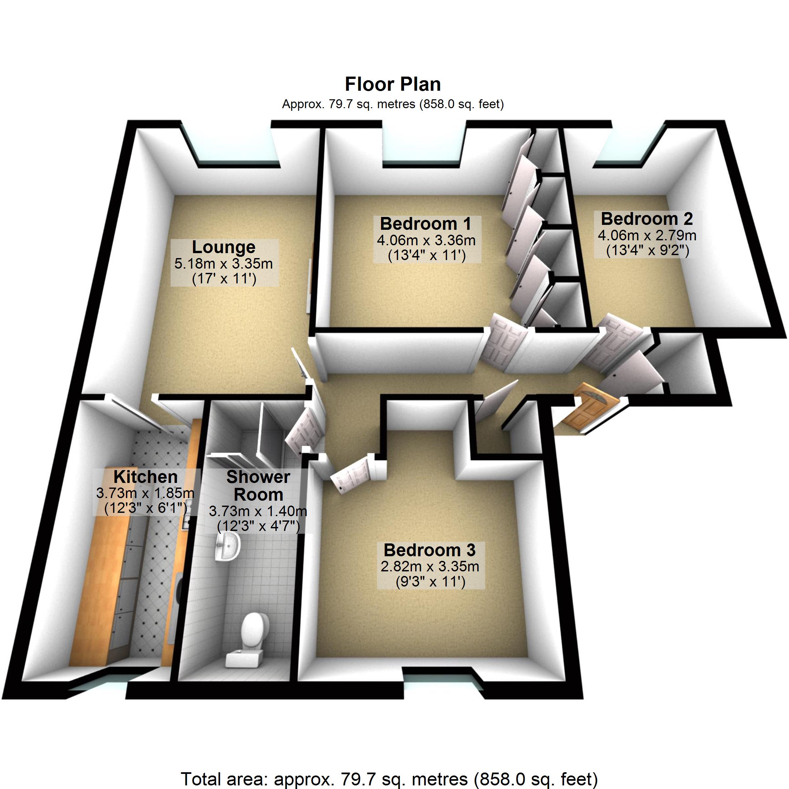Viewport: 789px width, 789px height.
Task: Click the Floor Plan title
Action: point(393,84)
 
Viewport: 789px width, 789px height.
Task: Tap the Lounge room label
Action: point(224,247)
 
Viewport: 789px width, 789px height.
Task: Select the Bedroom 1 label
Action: point(425,224)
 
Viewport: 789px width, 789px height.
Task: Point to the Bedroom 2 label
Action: point(647,219)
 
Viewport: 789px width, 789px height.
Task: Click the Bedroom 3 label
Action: point(430,550)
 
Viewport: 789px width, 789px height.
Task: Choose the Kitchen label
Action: point(145,477)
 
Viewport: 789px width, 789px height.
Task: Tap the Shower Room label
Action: point(258,486)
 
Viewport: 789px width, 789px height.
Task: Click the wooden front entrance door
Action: point(591,408)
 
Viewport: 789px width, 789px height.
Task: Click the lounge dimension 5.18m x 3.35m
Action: point(224,264)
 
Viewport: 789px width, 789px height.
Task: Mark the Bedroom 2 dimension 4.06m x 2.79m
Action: point(647,236)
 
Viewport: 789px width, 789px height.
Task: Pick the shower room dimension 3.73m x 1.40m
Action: point(258,511)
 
